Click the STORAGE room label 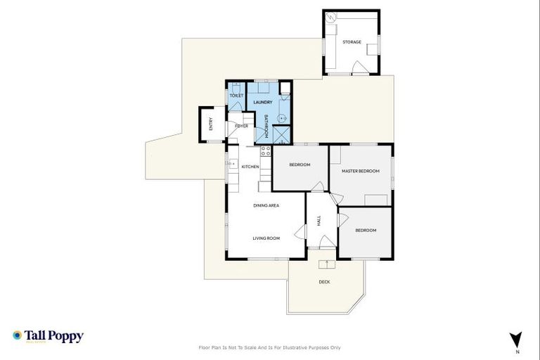[x=352, y=42]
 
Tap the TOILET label [x=236, y=96]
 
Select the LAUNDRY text [x=262, y=103]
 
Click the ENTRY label [x=210, y=124]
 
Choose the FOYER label [x=241, y=126]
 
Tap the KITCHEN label [x=250, y=167]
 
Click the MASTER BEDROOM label [x=360, y=171]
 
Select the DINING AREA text [x=266, y=205]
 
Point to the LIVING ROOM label [x=266, y=238]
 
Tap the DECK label [x=324, y=282]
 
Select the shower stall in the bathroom [x=283, y=134]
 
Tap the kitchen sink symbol [x=230, y=164]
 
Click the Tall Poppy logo [x=48, y=336]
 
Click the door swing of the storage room [x=359, y=67]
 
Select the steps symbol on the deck [x=326, y=264]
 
